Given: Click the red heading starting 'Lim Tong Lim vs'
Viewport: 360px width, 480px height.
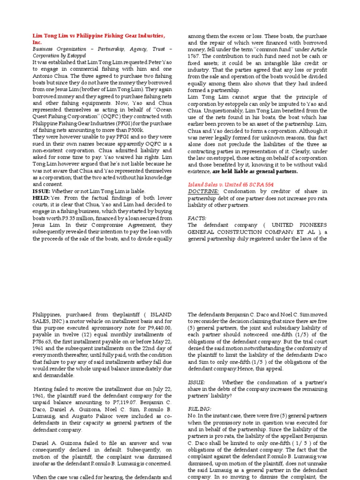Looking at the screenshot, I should [98, 36].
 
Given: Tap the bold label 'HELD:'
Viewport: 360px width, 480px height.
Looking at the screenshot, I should [41, 198].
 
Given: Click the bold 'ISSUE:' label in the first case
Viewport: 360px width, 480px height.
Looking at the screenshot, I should [42, 191].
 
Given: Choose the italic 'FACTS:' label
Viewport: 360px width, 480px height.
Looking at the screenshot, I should [197, 218].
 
